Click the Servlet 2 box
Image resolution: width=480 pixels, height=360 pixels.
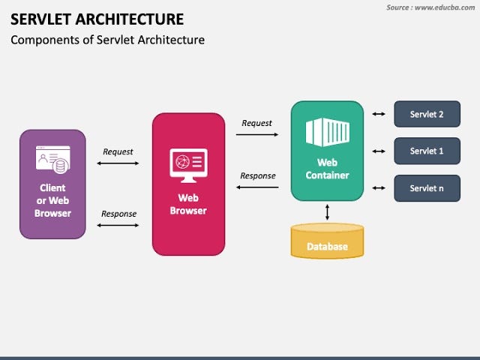tap(427, 114)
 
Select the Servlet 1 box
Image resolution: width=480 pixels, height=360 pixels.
tap(427, 151)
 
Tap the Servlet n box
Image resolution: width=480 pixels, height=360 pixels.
tap(427, 188)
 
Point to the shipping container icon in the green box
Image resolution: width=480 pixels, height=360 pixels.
tap(327, 132)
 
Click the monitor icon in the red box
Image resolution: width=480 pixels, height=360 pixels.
tap(188, 164)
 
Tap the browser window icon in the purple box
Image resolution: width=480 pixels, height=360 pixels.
tap(52, 159)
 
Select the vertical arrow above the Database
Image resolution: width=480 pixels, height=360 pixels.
tap(327, 212)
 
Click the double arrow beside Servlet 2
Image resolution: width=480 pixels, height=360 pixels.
tap(379, 114)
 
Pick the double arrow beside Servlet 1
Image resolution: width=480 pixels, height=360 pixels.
tap(379, 151)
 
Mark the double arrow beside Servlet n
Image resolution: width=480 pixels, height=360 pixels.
tap(379, 188)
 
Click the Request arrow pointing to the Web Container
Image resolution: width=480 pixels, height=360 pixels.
tap(257, 135)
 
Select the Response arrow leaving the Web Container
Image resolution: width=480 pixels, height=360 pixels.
tap(257, 187)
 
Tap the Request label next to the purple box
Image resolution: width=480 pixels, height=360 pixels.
tap(118, 151)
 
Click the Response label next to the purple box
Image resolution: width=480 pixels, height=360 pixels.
tap(118, 214)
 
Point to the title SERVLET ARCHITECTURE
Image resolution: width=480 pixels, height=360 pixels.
tap(97, 19)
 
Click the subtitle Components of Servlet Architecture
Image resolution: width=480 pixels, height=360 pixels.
tap(107, 40)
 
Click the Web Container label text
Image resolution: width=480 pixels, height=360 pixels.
tap(327, 169)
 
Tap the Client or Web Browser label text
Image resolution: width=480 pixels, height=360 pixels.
tap(52, 200)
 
